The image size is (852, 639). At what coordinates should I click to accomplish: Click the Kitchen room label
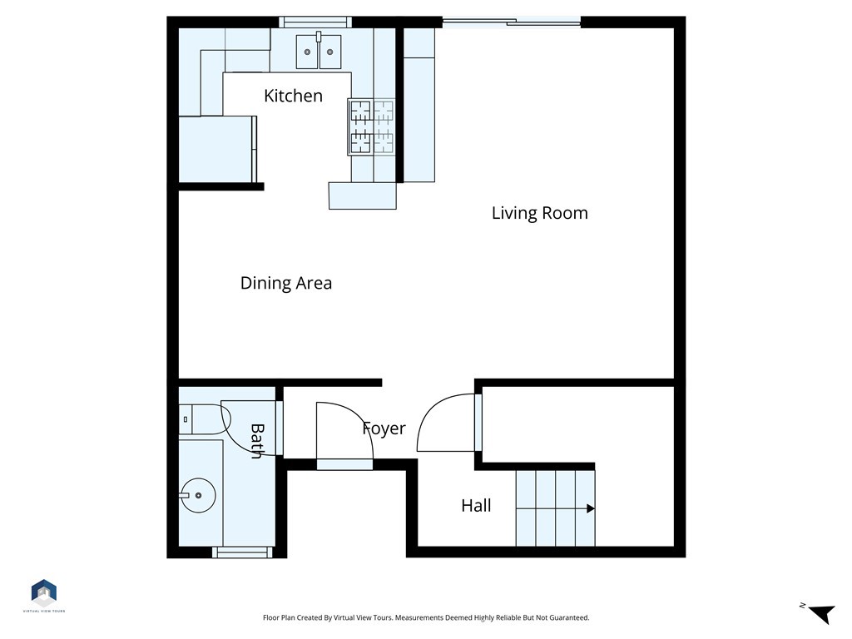[x=293, y=96]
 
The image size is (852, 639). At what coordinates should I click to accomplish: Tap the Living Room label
[x=539, y=213]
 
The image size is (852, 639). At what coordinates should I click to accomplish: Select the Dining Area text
[x=285, y=283]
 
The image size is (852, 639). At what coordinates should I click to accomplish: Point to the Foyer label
[x=384, y=428]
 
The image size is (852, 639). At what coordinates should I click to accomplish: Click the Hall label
[x=476, y=505]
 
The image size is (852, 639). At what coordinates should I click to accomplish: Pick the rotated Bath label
[x=257, y=441]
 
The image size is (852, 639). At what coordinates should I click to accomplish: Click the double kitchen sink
[x=319, y=52]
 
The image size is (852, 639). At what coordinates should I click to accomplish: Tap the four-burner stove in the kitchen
[x=371, y=127]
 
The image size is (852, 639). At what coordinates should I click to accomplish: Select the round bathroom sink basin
[x=197, y=495]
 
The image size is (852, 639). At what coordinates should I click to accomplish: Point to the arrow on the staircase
[x=590, y=508]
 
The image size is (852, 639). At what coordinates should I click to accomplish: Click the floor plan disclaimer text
[x=425, y=617]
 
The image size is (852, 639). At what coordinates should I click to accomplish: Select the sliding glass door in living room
[x=510, y=22]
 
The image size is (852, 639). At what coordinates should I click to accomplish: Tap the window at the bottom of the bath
[x=242, y=552]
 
